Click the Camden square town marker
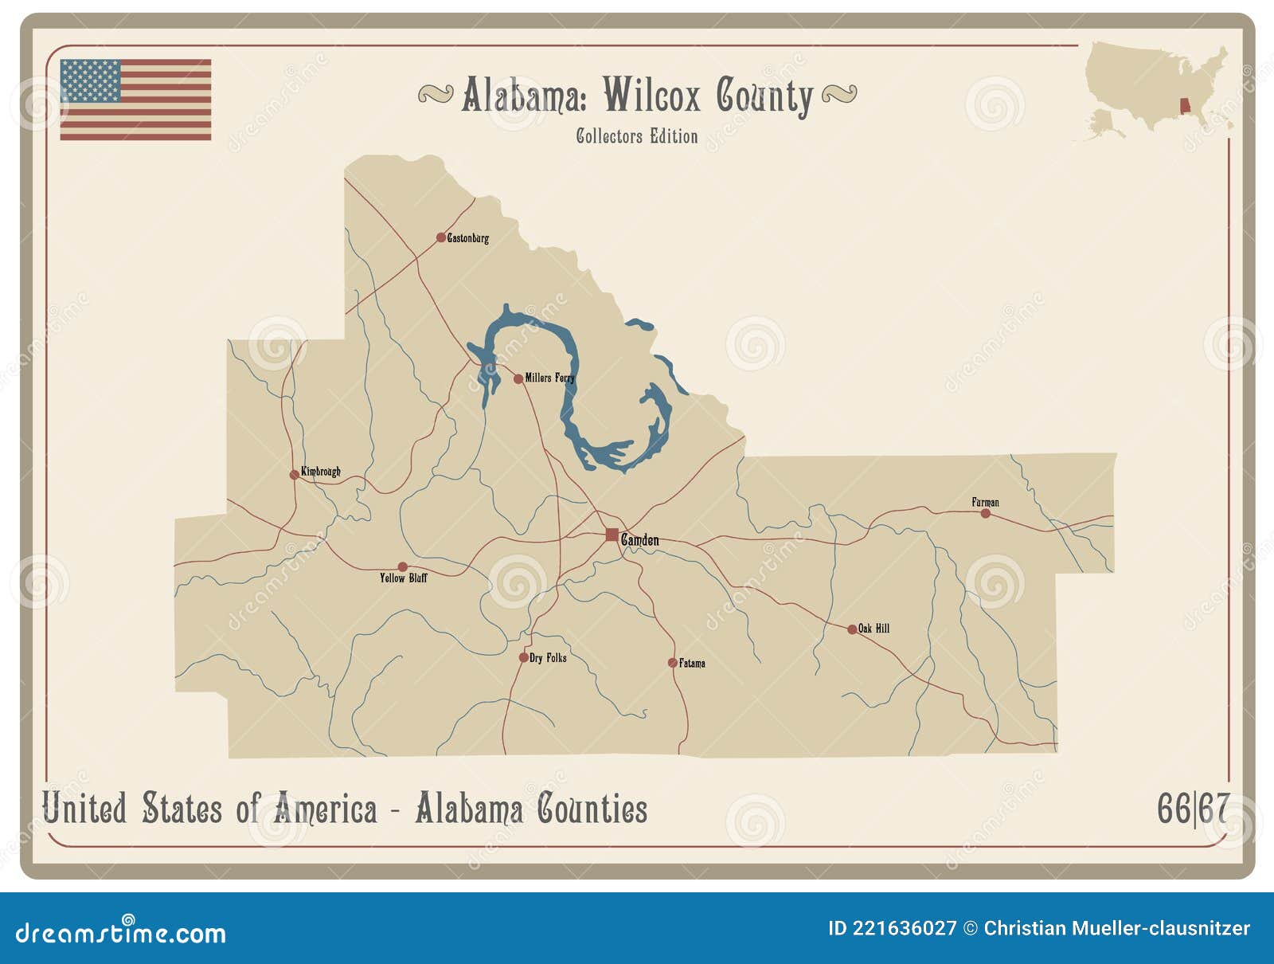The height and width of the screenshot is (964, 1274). [x=612, y=535]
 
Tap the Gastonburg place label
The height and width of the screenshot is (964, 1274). [x=468, y=237]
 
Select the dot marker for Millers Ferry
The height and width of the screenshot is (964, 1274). [x=518, y=378]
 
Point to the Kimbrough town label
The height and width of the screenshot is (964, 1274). [x=320, y=472]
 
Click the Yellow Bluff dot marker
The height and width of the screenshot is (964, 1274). [x=402, y=567]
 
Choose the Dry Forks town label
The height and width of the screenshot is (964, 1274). [x=548, y=658]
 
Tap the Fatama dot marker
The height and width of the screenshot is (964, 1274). [x=673, y=663]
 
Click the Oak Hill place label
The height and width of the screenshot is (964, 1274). [x=873, y=629]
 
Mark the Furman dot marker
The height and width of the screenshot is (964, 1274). [x=986, y=514]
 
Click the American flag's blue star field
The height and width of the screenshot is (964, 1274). [x=90, y=80]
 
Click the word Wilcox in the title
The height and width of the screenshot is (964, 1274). [x=651, y=96]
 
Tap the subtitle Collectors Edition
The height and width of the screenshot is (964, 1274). [x=637, y=136]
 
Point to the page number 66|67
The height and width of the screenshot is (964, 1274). [x=1193, y=809]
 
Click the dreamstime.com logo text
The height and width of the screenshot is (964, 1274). [x=121, y=932]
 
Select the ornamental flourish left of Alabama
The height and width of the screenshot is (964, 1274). [x=436, y=94]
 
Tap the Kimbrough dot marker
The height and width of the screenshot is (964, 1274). [x=295, y=475]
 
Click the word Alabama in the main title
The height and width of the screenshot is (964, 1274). [x=524, y=96]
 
